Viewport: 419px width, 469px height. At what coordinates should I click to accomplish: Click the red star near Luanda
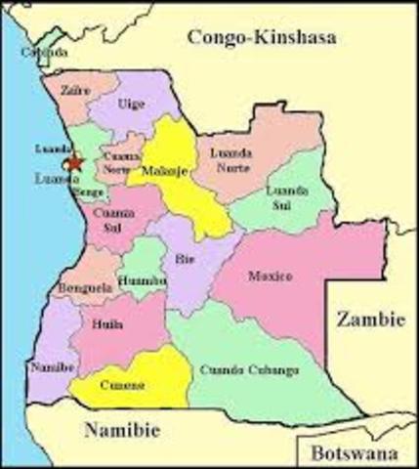(x=75, y=162)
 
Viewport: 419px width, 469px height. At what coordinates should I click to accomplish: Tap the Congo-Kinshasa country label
(x=261, y=39)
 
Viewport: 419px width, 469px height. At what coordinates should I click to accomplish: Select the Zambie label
(x=369, y=319)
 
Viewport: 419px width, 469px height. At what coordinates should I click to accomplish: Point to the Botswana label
(x=355, y=453)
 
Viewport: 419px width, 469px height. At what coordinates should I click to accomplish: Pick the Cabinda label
(x=46, y=52)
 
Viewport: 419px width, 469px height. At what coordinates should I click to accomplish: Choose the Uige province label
(x=131, y=103)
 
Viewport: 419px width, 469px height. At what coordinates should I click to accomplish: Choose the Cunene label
(x=122, y=385)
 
